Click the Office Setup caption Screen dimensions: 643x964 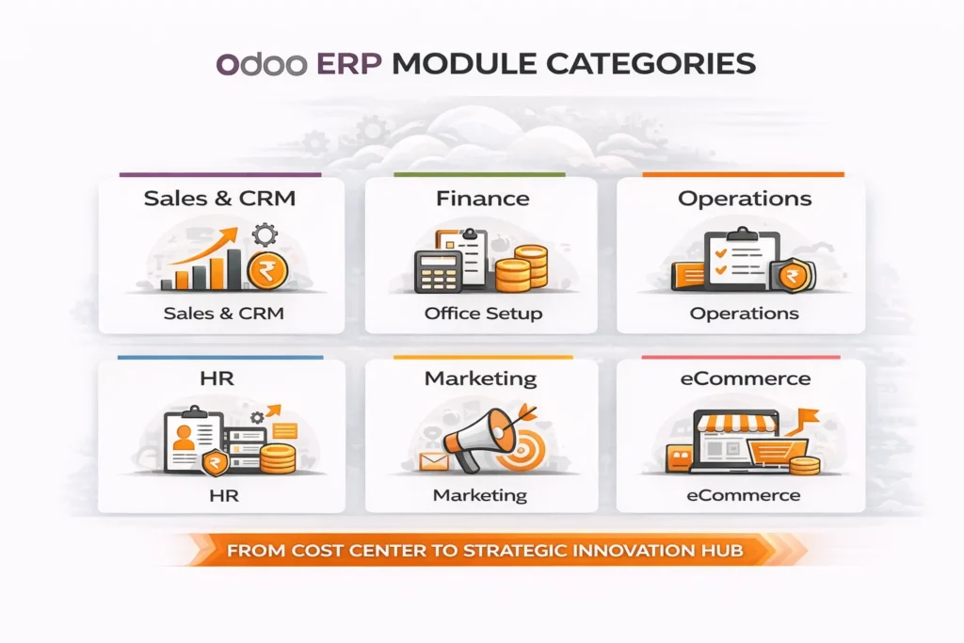pyautogui.click(x=483, y=313)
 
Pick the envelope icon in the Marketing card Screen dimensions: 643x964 pyautogui.click(x=433, y=460)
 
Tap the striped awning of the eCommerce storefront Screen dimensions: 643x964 pyautogui.click(x=743, y=421)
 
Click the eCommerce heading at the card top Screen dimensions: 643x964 pyautogui.click(x=744, y=378)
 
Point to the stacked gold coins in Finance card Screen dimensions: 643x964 pyautogui.click(x=522, y=266)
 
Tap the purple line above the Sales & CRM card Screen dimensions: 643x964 pyautogui.click(x=220, y=174)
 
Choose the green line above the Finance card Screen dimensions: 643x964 pyautogui.click(x=479, y=174)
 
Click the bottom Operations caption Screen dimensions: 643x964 pyautogui.click(x=744, y=313)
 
